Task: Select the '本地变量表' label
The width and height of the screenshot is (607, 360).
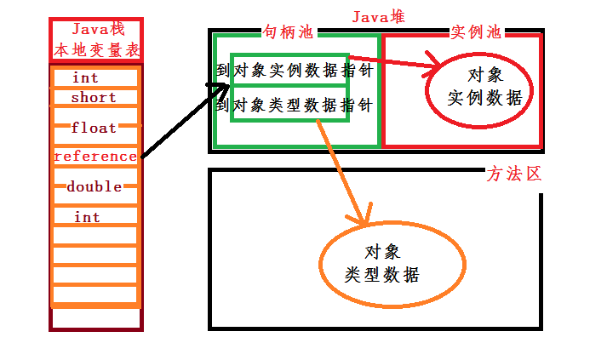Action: [x=96, y=49]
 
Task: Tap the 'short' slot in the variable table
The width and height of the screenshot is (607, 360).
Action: [x=94, y=98]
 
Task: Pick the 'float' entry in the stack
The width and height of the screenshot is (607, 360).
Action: [x=94, y=129]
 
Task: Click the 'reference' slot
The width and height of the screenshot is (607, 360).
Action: [x=94, y=157]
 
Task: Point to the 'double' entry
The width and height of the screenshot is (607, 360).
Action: [x=94, y=186]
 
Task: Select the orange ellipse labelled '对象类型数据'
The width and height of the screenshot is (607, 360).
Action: [x=392, y=264]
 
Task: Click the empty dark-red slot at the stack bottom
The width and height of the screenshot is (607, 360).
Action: [x=96, y=317]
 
